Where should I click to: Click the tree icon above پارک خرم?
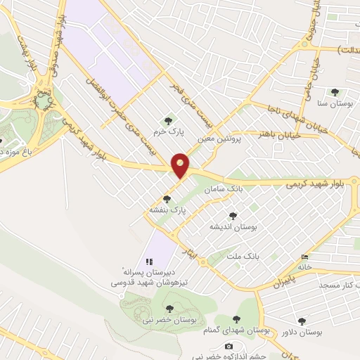click(167, 120)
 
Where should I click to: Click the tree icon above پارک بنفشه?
click(167, 199)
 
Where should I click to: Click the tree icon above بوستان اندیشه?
click(233, 217)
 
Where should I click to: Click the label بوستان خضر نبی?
click(169, 319)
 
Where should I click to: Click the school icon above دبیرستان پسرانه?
click(148, 262)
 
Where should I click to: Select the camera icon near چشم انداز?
click(229, 346)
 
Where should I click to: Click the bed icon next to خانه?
click(304, 257)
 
